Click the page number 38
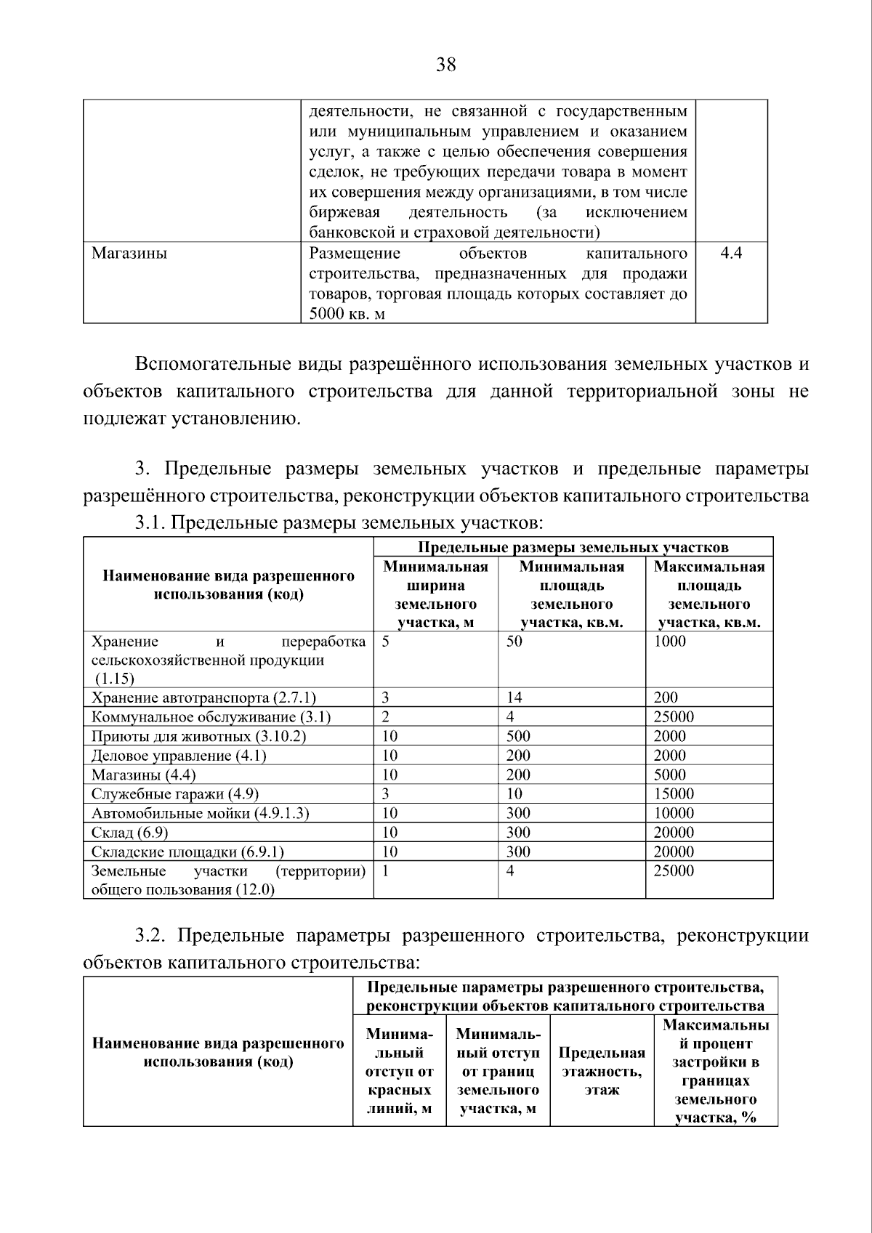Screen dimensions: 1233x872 [445, 65]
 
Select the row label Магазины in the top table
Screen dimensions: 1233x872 [129, 253]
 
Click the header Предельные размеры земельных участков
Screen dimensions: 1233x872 [573, 547]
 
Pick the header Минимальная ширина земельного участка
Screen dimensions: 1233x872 [435, 594]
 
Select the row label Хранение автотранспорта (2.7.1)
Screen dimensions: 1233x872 [203, 698]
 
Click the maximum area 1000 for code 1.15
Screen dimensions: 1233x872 [669, 641]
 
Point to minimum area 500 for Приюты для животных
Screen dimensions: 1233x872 [518, 736]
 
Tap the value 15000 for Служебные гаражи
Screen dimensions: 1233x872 [674, 793]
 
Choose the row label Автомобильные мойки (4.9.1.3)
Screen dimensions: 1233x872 [200, 813]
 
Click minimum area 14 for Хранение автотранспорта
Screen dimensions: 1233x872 [514, 698]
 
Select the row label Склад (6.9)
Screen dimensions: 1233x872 [124, 833]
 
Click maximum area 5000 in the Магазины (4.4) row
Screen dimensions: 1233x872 [669, 775]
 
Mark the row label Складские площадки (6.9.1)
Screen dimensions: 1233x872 [187, 852]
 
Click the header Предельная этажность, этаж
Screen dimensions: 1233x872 [602, 1071]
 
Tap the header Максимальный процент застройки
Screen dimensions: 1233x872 [715, 1071]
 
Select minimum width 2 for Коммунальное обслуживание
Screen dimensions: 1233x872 [386, 717]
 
